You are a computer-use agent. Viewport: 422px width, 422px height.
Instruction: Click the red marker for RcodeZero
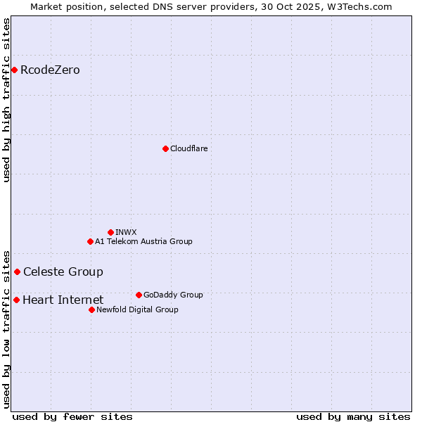pyautogui.click(x=14, y=70)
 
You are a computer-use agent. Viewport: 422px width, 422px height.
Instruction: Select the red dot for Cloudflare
pyautogui.click(x=165, y=148)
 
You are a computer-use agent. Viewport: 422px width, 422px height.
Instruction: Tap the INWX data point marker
pyautogui.click(x=110, y=232)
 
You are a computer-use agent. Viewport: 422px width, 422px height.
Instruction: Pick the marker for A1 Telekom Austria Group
pyautogui.click(x=90, y=241)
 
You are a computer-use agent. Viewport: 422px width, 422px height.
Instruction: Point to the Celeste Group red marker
pyautogui.click(x=17, y=271)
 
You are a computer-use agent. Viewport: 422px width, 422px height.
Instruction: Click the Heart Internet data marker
pyautogui.click(x=16, y=300)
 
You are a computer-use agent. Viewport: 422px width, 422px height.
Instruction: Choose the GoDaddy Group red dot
pyautogui.click(x=139, y=295)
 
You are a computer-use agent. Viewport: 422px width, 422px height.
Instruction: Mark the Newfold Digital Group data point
pyautogui.click(x=91, y=309)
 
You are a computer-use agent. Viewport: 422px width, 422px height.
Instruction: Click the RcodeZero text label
pyautogui.click(x=50, y=70)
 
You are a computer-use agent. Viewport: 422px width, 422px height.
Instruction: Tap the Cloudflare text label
pyautogui.click(x=188, y=148)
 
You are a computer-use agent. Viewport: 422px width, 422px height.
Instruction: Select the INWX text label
pyautogui.click(x=126, y=232)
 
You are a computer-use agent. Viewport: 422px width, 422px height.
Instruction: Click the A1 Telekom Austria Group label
pyautogui.click(x=143, y=241)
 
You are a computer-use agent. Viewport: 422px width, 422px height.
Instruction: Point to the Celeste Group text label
pyautogui.click(x=63, y=271)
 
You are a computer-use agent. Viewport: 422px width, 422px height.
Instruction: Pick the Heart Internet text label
pyautogui.click(x=63, y=300)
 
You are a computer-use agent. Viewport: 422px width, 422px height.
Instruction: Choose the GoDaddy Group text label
pyautogui.click(x=172, y=295)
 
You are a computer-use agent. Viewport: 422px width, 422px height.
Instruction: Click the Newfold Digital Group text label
pyautogui.click(x=137, y=309)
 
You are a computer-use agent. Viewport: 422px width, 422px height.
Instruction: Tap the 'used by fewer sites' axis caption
pyautogui.click(x=72, y=416)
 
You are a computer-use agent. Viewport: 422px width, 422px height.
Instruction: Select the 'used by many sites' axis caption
pyautogui.click(x=353, y=416)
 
